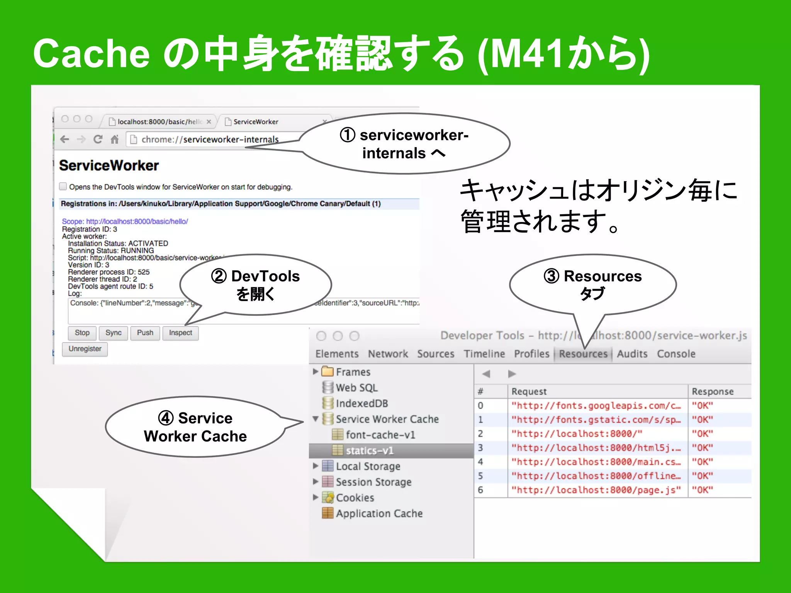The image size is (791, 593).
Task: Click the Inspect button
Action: pos(180,333)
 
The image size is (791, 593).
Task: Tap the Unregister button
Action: pos(85,349)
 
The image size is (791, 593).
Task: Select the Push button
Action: pos(145,333)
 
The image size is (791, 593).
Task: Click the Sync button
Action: pos(113,333)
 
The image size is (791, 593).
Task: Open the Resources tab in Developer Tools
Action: pos(583,354)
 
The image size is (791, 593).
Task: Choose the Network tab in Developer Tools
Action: pos(388,354)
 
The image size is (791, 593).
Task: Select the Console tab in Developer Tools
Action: pos(676,354)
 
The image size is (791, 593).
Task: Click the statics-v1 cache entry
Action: pos(370,451)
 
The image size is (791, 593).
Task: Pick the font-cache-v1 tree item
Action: pos(380,435)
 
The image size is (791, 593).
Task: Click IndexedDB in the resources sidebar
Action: pos(362,403)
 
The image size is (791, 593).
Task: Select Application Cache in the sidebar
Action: pos(379,513)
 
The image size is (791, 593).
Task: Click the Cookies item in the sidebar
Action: pos(355,498)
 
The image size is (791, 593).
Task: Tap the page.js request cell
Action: pos(596,490)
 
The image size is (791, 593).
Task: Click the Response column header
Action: pos(713,391)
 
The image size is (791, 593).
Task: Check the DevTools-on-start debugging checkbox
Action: pos(63,186)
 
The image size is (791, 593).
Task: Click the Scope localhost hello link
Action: pos(125,221)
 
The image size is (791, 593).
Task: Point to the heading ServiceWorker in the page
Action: pos(109,166)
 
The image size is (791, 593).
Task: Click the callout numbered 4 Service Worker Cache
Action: pos(195,427)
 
